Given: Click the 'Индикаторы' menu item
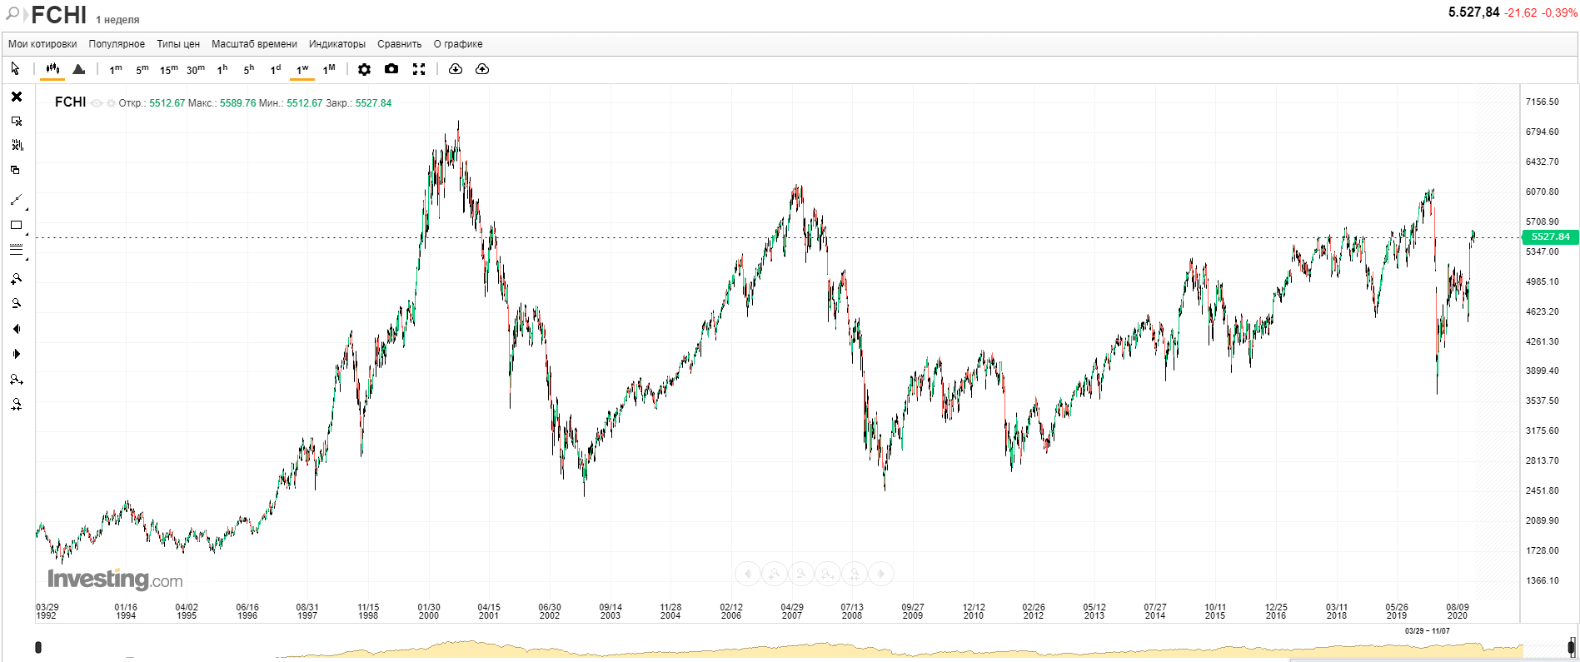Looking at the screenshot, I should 336,44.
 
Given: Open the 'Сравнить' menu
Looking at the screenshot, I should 399,44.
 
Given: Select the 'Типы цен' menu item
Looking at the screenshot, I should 178,44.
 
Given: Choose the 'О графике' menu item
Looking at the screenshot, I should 458,44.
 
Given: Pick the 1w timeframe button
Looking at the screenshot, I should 302,69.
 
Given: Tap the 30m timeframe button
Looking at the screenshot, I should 195,69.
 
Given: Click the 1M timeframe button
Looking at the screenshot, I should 329,69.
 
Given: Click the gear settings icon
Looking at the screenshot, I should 364,69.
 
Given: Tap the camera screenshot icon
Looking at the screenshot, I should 391,69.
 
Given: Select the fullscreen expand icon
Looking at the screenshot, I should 419,69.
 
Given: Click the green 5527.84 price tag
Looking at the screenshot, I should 1550,236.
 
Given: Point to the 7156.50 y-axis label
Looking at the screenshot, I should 1542,102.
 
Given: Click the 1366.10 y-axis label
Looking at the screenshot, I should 1542,580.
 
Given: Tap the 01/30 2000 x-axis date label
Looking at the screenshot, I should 429,611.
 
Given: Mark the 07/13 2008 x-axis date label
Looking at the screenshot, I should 852,611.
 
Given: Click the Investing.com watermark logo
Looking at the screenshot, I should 115,579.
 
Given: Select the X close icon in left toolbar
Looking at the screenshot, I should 16,97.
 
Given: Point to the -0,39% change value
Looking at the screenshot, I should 1559,12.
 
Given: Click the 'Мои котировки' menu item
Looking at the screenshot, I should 42,44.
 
